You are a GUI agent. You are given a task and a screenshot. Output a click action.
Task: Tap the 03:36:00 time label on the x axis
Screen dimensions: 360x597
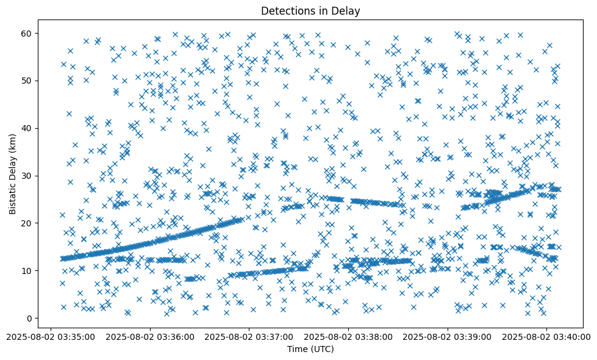click(149, 336)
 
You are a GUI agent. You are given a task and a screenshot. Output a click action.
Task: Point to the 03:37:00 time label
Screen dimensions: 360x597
click(249, 336)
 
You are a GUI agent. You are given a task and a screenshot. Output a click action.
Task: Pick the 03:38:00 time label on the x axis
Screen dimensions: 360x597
click(348, 336)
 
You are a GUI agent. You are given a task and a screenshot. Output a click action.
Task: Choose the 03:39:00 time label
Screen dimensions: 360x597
click(448, 336)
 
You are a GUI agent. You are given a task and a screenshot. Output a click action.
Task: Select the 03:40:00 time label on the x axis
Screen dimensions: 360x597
click(546, 336)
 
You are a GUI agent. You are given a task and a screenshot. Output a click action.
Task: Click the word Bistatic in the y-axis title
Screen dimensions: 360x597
click(13, 197)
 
